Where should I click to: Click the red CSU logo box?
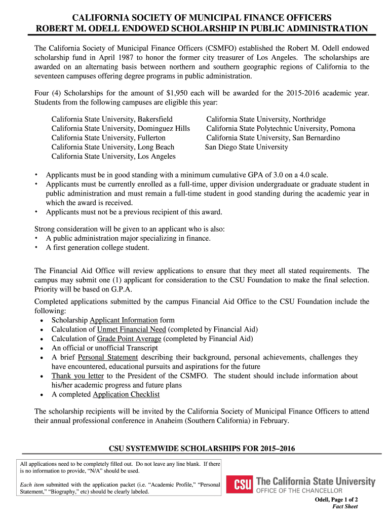(x=239, y=485)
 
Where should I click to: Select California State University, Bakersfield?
(x=112, y=119)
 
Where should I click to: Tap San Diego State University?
(x=246, y=147)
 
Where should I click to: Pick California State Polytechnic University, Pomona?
(x=281, y=129)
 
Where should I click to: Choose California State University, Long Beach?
(x=113, y=147)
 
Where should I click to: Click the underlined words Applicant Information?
(x=124, y=320)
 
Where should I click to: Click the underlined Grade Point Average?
(x=129, y=339)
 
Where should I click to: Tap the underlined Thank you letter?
(x=77, y=376)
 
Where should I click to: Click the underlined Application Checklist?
(x=126, y=394)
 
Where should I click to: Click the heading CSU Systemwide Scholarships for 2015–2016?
(x=202, y=449)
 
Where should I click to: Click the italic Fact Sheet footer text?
(x=345, y=506)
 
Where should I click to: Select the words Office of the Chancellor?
(x=299, y=491)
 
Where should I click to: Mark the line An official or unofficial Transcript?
(x=105, y=348)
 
